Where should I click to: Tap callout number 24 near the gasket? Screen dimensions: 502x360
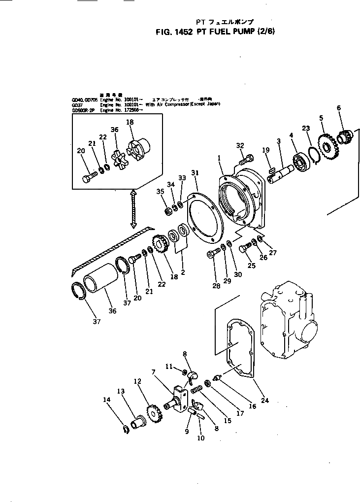click(x=265, y=401)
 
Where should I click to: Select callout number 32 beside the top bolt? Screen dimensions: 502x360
click(x=240, y=145)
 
